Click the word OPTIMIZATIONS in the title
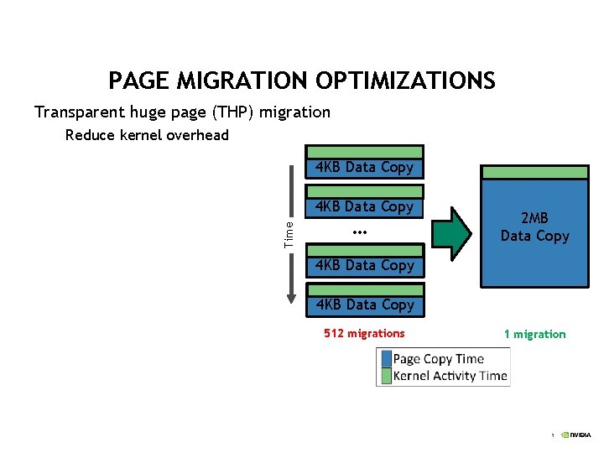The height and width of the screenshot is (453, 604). pyautogui.click(x=406, y=81)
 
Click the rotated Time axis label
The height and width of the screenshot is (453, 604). pyautogui.click(x=289, y=233)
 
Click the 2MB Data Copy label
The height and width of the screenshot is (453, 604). pyautogui.click(x=534, y=227)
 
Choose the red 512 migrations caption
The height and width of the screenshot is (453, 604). pyautogui.click(x=364, y=334)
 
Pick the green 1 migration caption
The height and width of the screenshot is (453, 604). pyautogui.click(x=534, y=334)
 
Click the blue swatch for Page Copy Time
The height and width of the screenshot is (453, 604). pyautogui.click(x=385, y=359)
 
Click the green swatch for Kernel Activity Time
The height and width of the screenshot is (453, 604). pyautogui.click(x=385, y=375)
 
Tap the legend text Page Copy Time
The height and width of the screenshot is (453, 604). pyautogui.click(x=439, y=359)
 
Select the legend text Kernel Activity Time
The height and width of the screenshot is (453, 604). pyautogui.click(x=450, y=375)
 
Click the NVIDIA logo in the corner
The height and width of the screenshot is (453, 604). pyautogui.click(x=576, y=435)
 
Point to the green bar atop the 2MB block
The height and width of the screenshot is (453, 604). pyautogui.click(x=534, y=172)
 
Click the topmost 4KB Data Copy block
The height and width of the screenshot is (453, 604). pyautogui.click(x=364, y=167)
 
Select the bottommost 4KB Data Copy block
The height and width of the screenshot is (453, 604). pyautogui.click(x=364, y=305)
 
